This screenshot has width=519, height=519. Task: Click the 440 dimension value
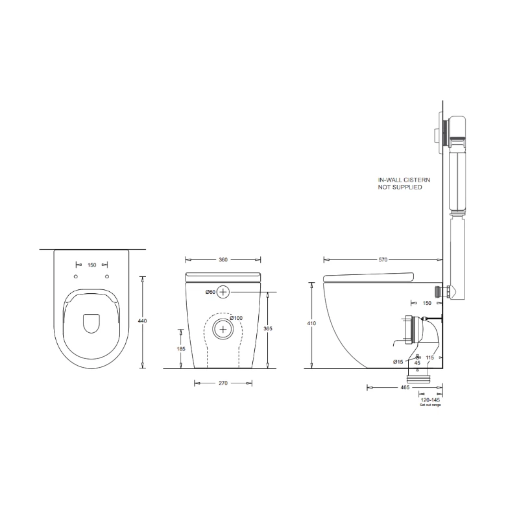[142, 321]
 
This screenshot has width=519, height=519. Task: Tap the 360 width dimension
[223, 260]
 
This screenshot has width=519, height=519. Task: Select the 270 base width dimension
[223, 383]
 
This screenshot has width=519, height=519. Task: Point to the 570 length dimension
[383, 260]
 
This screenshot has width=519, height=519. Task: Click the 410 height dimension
[311, 323]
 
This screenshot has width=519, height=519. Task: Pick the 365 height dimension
[268, 329]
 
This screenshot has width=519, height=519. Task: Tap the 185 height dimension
[181, 349]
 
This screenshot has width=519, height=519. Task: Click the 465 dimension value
[405, 387]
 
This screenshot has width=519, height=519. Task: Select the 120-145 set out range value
[430, 400]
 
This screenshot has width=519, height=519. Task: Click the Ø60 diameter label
[210, 292]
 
